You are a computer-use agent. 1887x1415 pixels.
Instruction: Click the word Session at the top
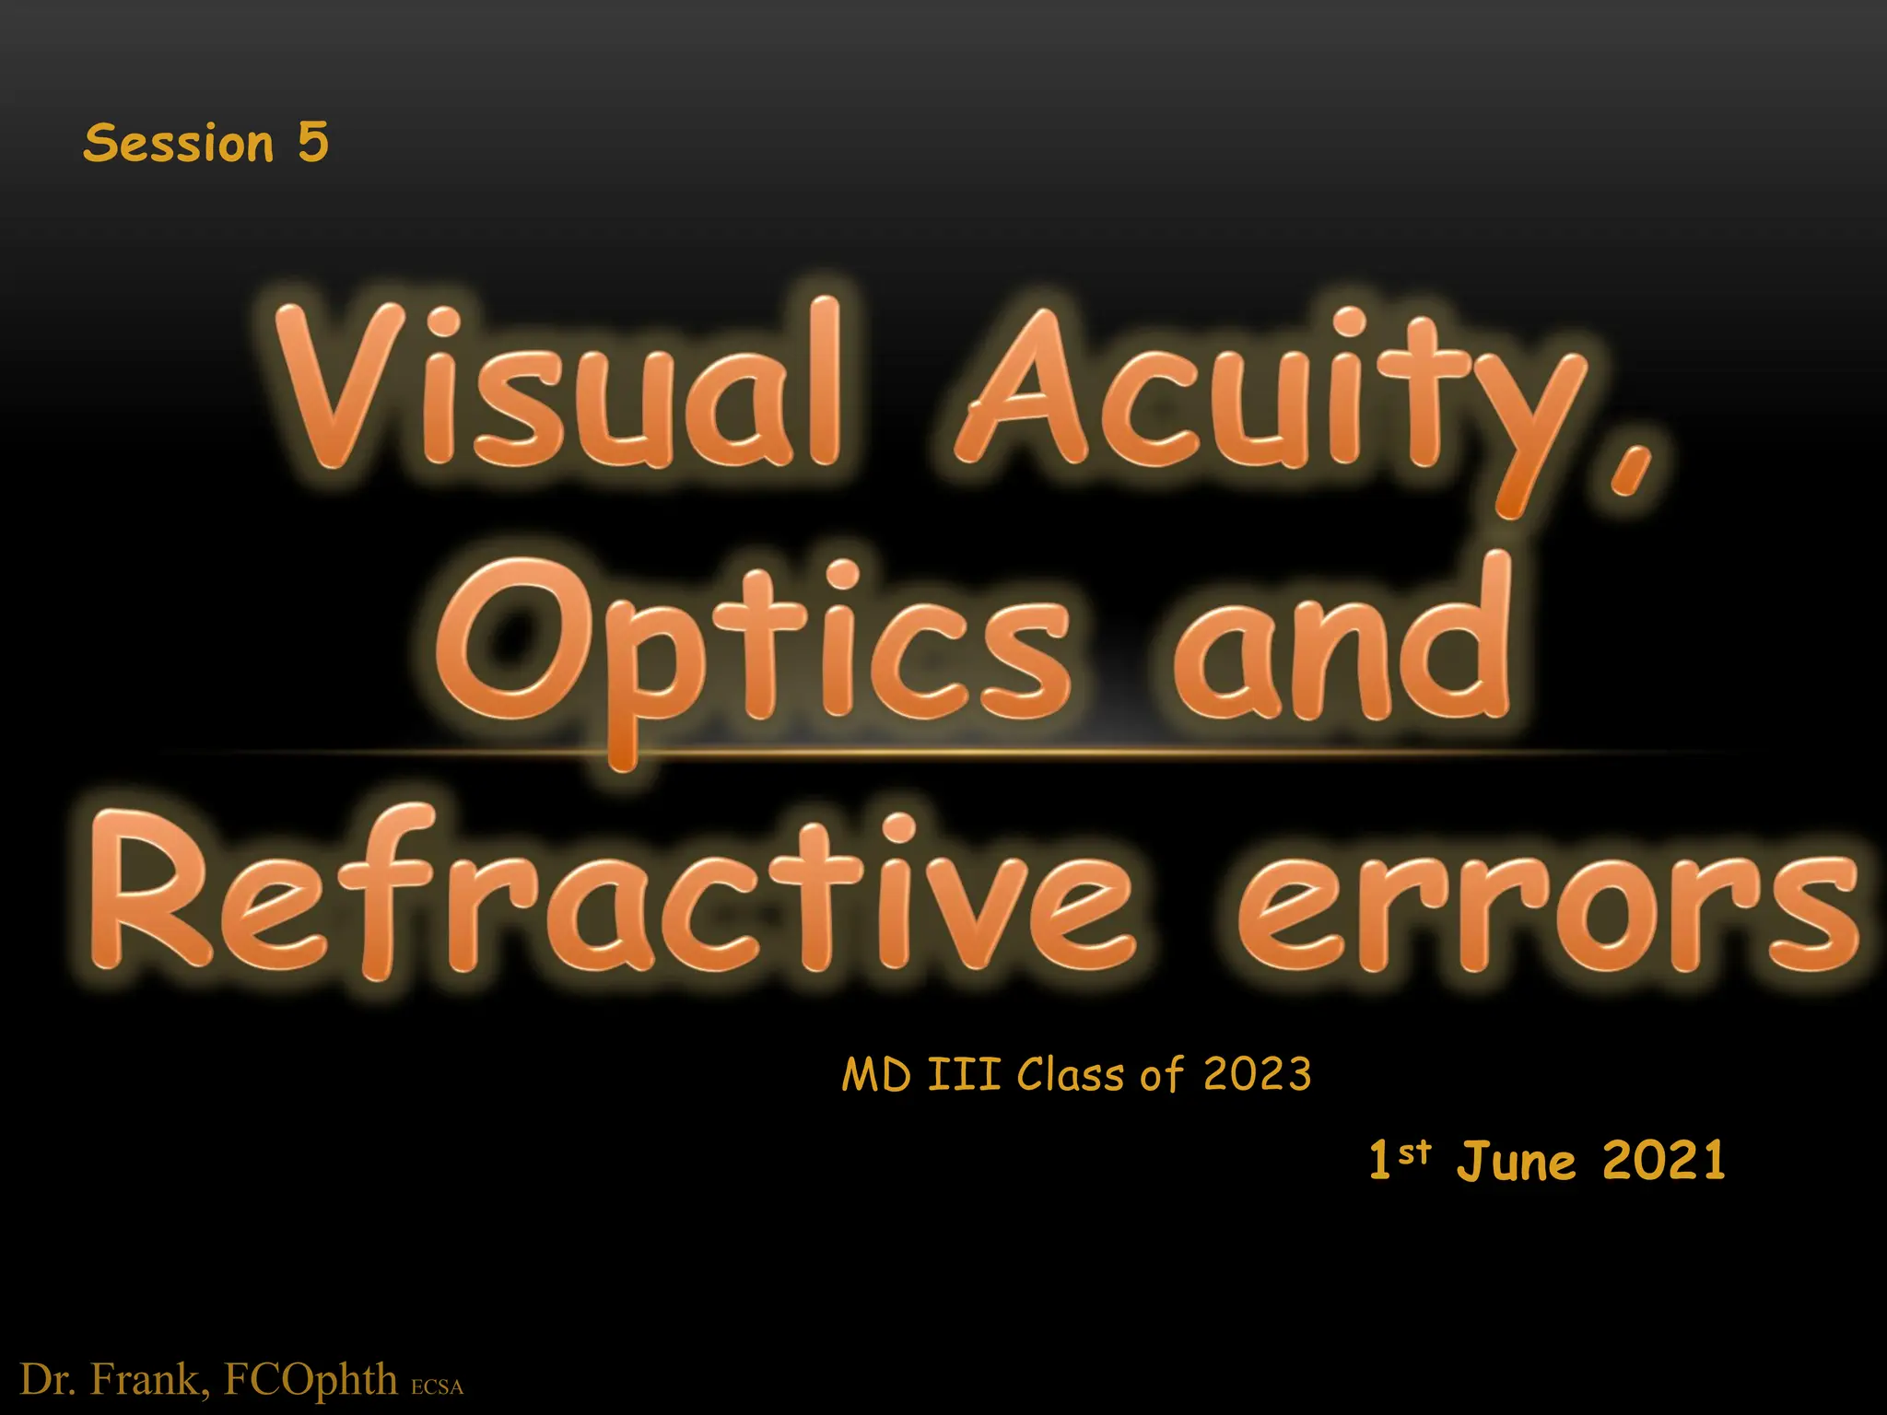pos(179,144)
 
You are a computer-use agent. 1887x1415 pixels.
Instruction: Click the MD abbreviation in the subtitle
pos(876,1075)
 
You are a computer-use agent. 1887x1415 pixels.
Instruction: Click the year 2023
pos(1257,1075)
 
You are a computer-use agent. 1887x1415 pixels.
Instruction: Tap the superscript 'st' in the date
pos(1414,1151)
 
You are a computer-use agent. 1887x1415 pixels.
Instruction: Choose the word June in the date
pos(1517,1161)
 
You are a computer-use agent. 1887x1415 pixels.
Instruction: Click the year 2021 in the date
pos(1664,1160)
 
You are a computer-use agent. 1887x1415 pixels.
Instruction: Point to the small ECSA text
pos(437,1386)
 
